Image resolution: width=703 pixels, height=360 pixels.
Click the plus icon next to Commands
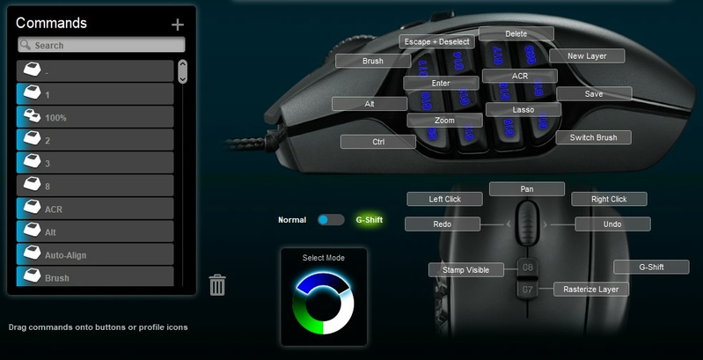(x=178, y=25)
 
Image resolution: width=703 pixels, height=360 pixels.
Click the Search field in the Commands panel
(x=101, y=45)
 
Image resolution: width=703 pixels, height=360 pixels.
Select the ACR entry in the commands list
(x=95, y=209)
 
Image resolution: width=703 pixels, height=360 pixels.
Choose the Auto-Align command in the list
(x=95, y=255)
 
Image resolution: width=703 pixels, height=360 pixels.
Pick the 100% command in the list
(x=95, y=117)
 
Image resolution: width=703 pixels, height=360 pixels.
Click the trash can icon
(x=217, y=284)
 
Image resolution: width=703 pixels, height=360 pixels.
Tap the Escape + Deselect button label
(x=436, y=41)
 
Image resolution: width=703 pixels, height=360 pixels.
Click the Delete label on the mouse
(x=516, y=33)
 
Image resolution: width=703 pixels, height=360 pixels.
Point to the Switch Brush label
(x=593, y=137)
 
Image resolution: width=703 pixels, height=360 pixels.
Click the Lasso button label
(x=523, y=109)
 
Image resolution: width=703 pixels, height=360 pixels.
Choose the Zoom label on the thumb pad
(x=444, y=120)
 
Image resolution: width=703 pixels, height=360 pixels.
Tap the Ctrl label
(x=378, y=141)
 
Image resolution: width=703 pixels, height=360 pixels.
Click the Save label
(x=594, y=93)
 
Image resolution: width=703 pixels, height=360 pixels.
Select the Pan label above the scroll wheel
(x=526, y=188)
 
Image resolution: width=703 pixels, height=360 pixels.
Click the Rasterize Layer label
(x=590, y=289)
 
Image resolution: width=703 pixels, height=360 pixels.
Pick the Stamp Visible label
(x=465, y=269)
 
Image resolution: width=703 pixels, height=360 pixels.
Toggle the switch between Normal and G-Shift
(x=332, y=219)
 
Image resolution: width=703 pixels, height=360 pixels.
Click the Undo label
(x=612, y=224)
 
